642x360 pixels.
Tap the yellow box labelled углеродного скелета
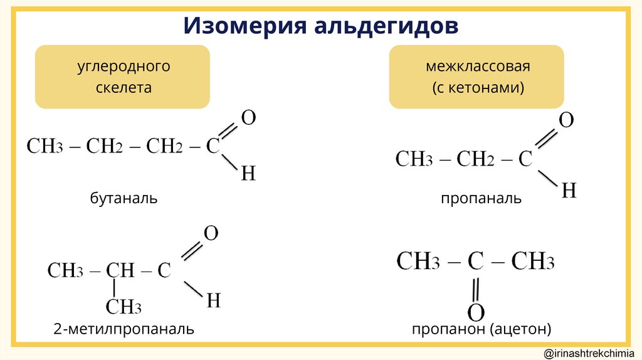tap(124, 77)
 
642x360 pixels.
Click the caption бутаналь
tap(124, 199)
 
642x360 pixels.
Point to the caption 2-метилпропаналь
tap(124, 329)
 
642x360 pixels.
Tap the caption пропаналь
tap(481, 199)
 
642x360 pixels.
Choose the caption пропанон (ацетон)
tap(481, 329)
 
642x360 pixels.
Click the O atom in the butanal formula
tap(248, 118)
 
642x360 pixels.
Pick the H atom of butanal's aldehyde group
tap(248, 174)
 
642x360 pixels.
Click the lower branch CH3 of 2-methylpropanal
tap(123, 307)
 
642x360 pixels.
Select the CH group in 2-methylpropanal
tap(120, 270)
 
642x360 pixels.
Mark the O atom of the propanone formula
tap(476, 312)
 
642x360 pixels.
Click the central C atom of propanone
tap(475, 262)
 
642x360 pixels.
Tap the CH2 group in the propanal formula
tap(476, 159)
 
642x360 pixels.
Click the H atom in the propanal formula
tap(568, 190)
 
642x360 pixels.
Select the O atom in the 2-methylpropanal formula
tap(211, 234)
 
